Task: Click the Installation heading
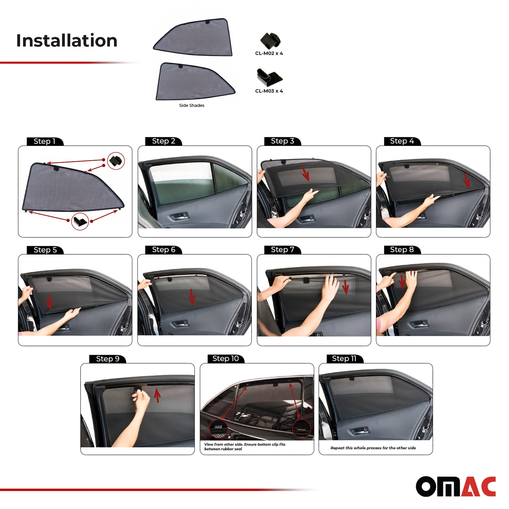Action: [x=67, y=41]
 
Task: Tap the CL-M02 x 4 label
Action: [x=269, y=53]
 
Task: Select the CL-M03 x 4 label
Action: [x=269, y=91]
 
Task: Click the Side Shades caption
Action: [x=192, y=105]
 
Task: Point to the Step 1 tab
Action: [x=44, y=141]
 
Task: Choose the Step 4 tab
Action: [x=402, y=141]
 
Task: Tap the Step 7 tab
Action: [x=282, y=250]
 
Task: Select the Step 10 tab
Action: [x=225, y=358]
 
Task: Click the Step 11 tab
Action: [x=344, y=358]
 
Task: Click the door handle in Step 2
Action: [x=179, y=216]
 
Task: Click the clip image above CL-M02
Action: [x=270, y=41]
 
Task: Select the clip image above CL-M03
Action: [x=269, y=77]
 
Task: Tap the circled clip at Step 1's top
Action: [x=116, y=161]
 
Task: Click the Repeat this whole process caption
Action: [x=373, y=448]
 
